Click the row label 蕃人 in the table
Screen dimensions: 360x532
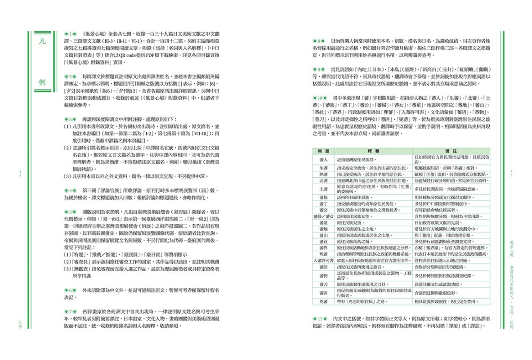[323, 159]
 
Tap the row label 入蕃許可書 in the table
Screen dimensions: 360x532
[323, 260]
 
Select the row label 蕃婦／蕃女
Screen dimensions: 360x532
[323, 216]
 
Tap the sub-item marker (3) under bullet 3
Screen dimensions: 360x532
[66, 176]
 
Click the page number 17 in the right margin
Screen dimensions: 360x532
[513, 173]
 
